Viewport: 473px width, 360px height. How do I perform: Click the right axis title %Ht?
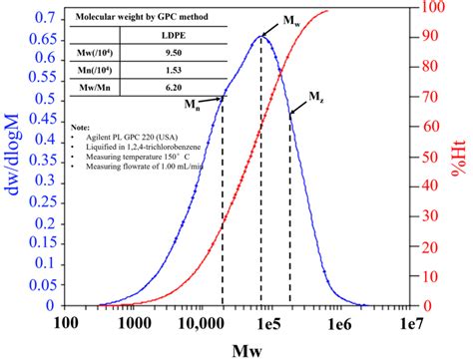click(460, 160)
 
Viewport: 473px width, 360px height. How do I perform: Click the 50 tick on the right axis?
click(428, 157)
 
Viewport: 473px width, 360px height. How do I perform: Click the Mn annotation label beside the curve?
click(188, 103)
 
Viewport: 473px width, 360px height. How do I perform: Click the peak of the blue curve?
click(261, 36)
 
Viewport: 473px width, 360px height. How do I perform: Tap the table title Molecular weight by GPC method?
click(137, 18)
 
